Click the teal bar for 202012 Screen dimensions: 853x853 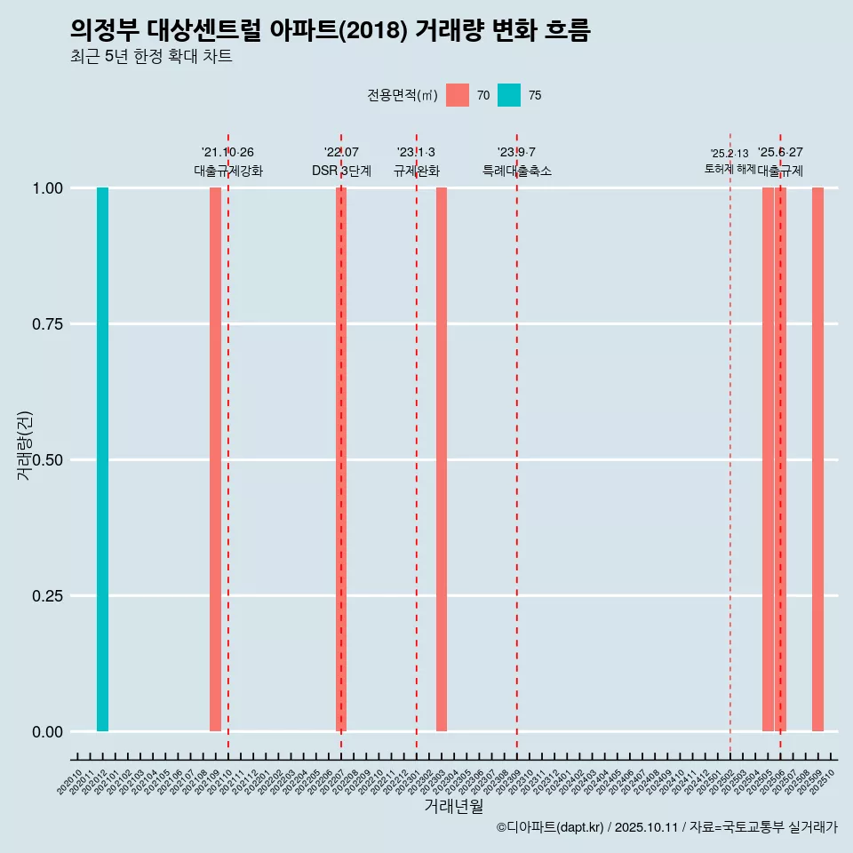tap(102, 459)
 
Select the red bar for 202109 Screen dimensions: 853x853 tap(215, 459)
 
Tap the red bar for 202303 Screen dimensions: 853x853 tap(442, 459)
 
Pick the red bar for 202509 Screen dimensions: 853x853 tap(817, 459)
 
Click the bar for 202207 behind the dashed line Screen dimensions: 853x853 tap(341, 459)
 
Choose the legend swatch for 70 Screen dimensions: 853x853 tap(458, 95)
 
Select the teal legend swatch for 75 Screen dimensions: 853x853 tap(509, 95)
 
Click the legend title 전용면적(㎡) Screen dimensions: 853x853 tap(402, 95)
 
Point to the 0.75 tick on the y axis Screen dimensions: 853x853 tap(45, 323)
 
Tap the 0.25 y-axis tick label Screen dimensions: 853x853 tap(45, 595)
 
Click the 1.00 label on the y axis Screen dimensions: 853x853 tap(45, 187)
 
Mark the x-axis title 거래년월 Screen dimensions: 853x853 tap(453, 806)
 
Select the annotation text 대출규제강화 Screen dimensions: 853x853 tap(228, 171)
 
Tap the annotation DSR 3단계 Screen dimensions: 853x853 tap(341, 171)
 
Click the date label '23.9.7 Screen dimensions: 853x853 tap(516, 153)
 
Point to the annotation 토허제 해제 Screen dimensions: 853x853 tap(729, 169)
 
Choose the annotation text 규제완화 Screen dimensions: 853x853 tap(417, 171)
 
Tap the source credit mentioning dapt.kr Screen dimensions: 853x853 tap(666, 827)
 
